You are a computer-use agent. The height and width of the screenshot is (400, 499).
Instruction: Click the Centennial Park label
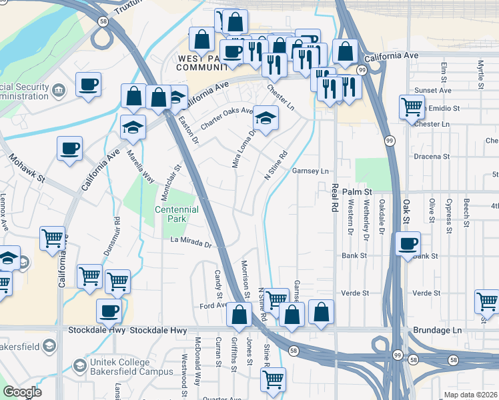coord(177,214)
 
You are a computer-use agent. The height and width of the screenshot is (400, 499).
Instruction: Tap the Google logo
coord(22,392)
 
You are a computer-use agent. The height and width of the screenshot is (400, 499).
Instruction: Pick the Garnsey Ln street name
coord(311,171)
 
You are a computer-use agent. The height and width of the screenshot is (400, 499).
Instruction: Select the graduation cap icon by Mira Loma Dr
coord(266,118)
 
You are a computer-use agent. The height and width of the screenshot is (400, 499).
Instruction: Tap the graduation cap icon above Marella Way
coord(133,126)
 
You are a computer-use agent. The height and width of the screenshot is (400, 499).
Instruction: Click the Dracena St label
coord(432,157)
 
